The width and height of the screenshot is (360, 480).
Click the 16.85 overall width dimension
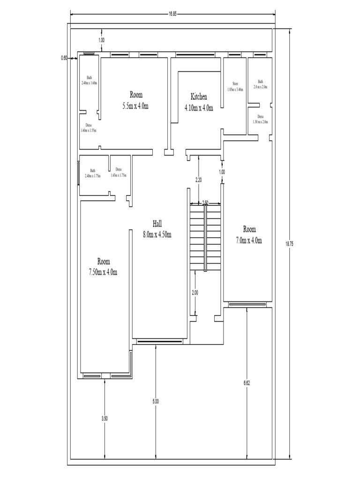tap(172, 14)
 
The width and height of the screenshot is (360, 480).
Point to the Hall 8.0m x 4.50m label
tap(157, 229)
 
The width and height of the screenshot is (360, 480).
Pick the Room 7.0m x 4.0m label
tap(249, 235)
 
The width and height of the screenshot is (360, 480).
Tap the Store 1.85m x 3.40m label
tap(235, 87)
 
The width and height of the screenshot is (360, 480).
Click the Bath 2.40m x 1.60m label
tap(89, 80)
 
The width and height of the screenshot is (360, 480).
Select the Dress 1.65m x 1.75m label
tap(119, 172)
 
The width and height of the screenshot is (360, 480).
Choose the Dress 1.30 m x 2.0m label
tap(260, 119)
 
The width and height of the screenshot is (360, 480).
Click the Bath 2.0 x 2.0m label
tap(260, 84)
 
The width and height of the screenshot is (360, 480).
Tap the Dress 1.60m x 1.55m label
tap(88, 128)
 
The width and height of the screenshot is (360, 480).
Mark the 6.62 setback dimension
tap(247, 383)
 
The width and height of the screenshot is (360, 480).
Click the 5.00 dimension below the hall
tap(156, 401)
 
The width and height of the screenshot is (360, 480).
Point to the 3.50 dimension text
tap(105, 419)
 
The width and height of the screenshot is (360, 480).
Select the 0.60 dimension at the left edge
tap(64, 58)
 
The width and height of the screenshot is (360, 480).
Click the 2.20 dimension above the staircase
tap(198, 180)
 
